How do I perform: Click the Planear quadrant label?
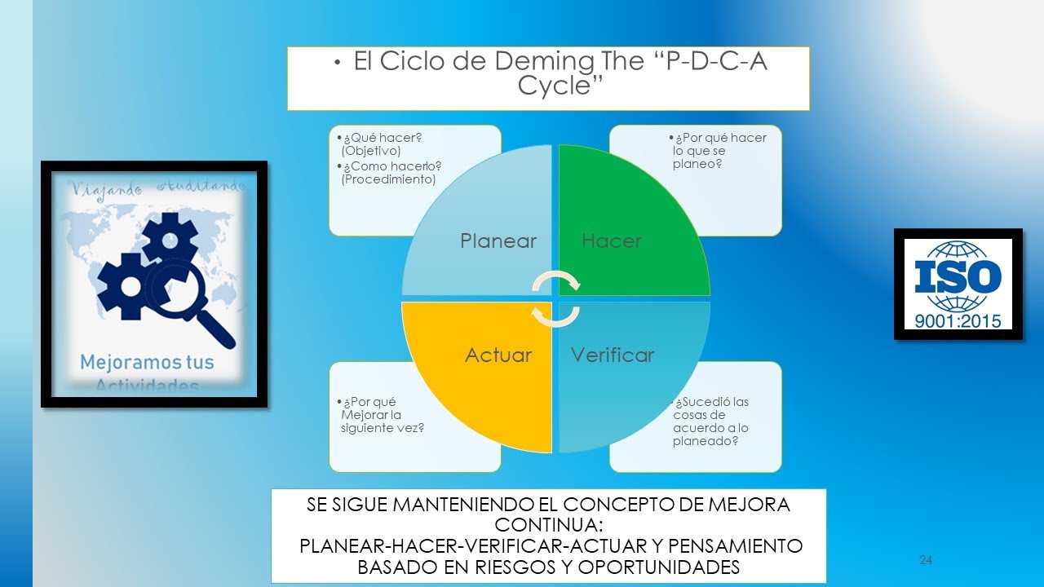tap(498, 241)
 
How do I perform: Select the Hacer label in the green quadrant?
tap(612, 241)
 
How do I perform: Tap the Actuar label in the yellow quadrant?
tap(498, 355)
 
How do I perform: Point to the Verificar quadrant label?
tap(613, 355)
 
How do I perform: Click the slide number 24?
tap(926, 560)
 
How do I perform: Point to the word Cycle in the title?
tap(554, 86)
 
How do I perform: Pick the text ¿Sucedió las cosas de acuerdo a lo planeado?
tap(710, 421)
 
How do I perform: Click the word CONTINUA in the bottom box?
tap(548, 524)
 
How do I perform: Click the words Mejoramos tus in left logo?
tap(147, 362)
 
